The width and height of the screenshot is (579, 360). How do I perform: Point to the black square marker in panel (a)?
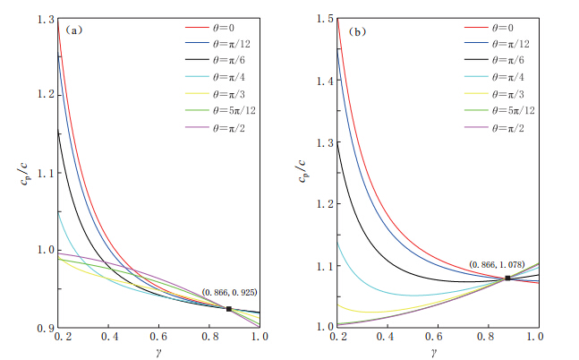229,309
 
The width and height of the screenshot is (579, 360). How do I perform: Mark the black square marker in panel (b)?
508,279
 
